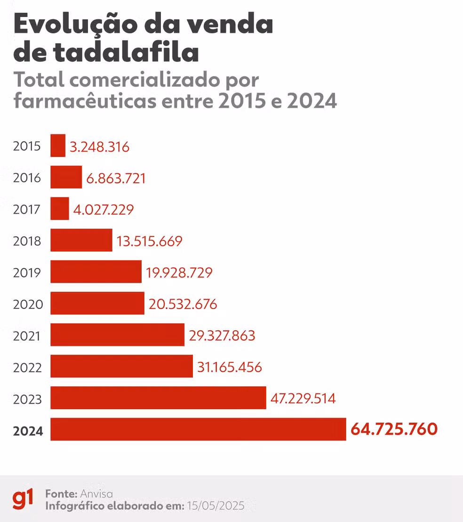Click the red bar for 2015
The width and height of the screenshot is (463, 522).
tap(58, 146)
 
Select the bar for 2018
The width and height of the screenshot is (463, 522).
tap(81, 240)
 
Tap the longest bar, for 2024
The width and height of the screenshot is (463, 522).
tap(198, 429)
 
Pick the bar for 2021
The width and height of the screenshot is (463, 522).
tap(117, 335)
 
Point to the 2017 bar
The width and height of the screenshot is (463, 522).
tap(60, 209)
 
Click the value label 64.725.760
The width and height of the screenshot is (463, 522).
tap(394, 429)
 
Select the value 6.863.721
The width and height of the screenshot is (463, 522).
tap(116, 178)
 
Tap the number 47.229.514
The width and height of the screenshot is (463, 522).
tap(303, 399)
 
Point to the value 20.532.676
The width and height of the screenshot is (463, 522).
tap(183, 304)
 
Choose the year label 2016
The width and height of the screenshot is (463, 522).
tap(27, 178)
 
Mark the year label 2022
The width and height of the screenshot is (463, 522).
tap(28, 368)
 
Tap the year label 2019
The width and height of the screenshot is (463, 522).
tap(27, 273)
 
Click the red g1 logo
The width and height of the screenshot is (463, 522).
tap(23, 499)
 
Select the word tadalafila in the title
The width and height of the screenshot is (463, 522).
tap(126, 53)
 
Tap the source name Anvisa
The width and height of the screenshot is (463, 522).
tap(96, 494)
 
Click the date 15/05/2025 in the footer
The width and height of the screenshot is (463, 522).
tap(216, 506)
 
